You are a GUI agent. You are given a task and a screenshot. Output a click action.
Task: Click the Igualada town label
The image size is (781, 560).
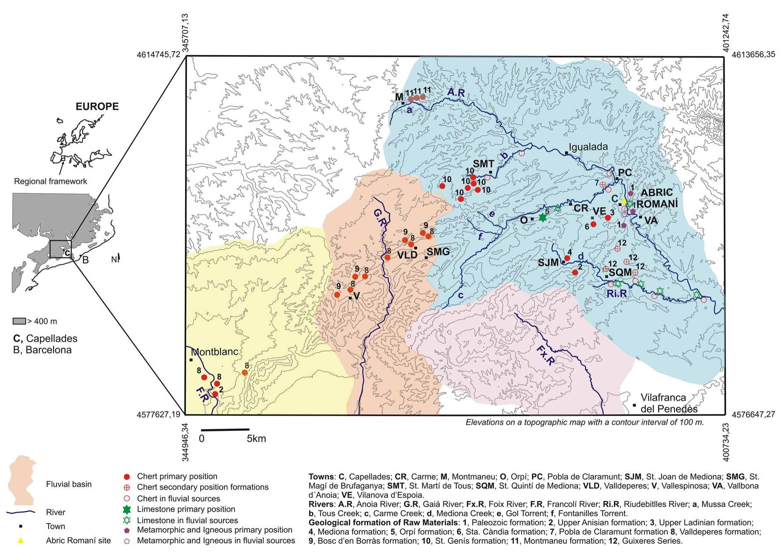pos(588,147)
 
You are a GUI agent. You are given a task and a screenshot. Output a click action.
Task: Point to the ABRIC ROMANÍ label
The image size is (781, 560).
pos(656,198)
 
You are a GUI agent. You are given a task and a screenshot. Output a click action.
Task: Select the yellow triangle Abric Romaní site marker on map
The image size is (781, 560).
pos(624,201)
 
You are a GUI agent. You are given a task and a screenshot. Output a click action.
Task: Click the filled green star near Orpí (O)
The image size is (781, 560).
pos(543,217)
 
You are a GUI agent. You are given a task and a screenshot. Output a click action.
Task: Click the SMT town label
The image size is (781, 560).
pos(483,164)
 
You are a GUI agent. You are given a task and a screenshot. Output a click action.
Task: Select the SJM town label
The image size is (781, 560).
pos(548,262)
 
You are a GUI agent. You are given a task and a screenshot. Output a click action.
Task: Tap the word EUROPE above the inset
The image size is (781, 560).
pos(97,107)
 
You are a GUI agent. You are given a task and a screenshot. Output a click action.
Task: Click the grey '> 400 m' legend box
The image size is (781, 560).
pos(19,321)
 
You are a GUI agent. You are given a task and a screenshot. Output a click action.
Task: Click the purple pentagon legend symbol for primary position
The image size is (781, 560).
pos(127,530)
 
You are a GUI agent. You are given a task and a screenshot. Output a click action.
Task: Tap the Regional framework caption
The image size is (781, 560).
pos(51,181)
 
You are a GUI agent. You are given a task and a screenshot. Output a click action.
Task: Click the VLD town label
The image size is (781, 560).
pos(407,255)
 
